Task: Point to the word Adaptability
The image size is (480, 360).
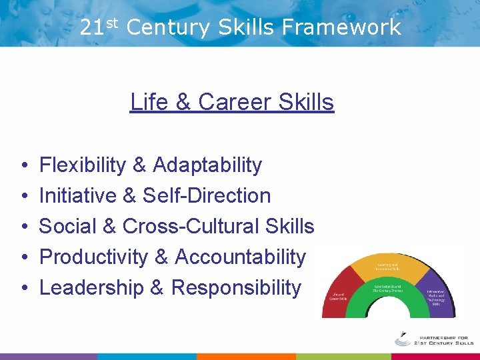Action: (x=207, y=165)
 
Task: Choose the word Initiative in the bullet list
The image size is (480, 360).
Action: (x=79, y=195)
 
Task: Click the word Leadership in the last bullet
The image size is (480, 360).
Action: (x=91, y=287)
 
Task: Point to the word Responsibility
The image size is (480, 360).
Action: (x=236, y=287)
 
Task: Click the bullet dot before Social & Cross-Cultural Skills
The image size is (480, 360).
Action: (x=23, y=227)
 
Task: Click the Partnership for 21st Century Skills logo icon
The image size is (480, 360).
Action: (x=403, y=338)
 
